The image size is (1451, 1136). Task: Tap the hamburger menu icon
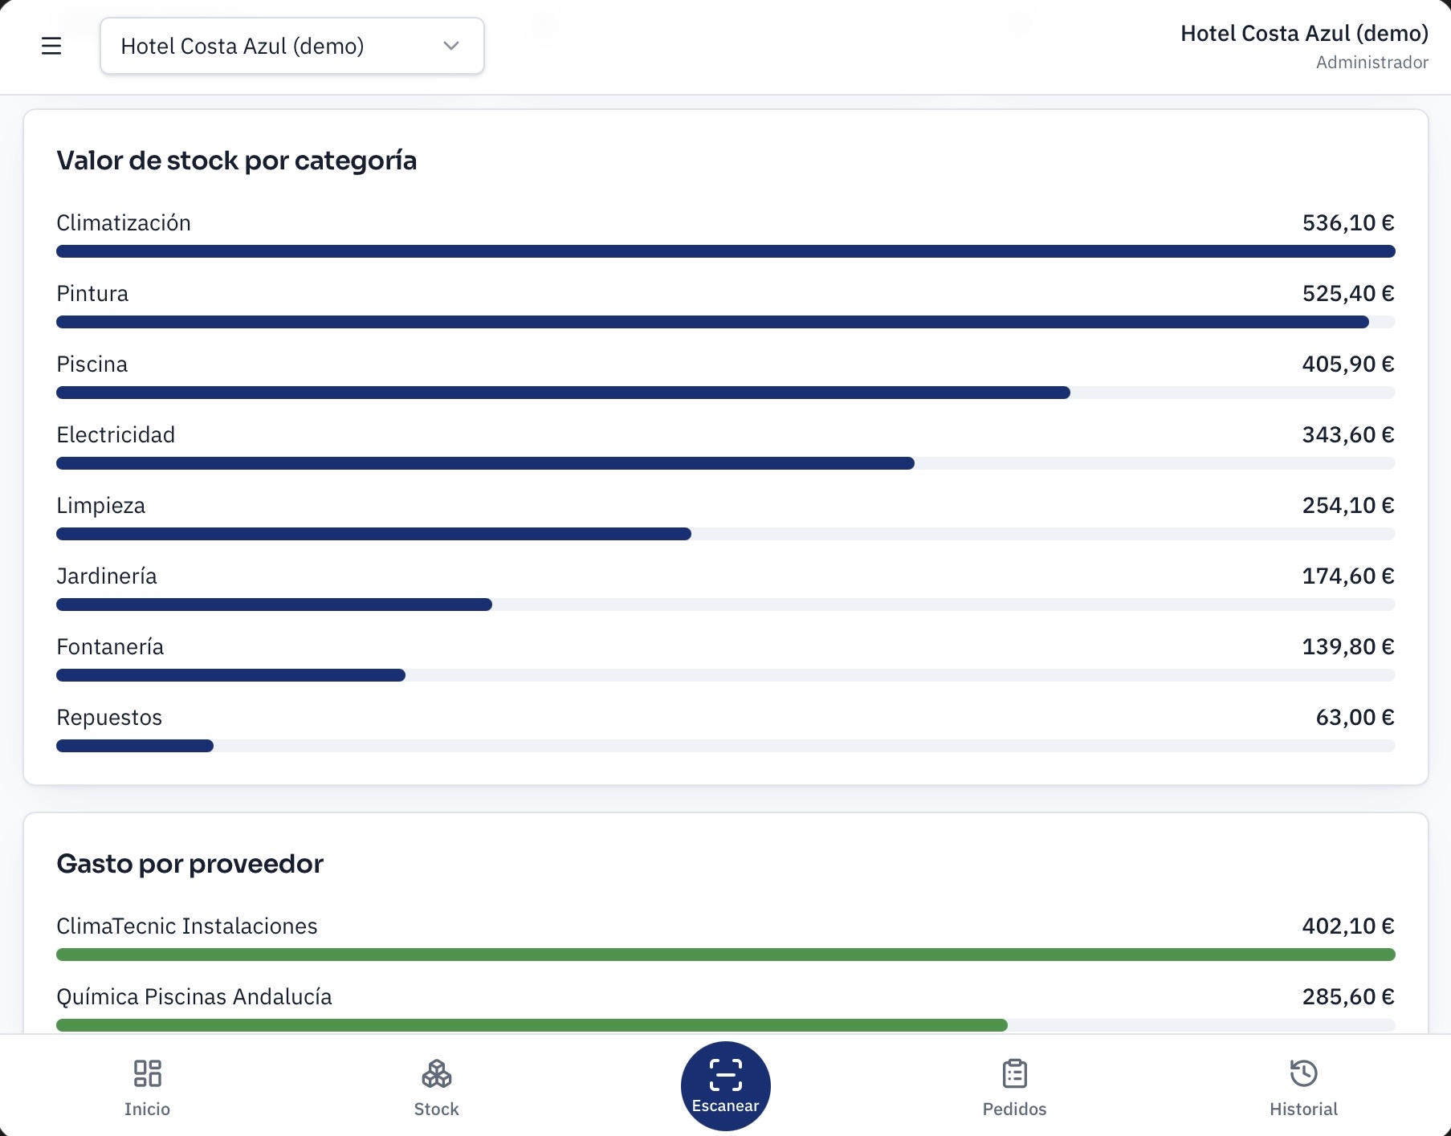coord(51,46)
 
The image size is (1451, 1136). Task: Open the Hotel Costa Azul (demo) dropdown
coord(292,46)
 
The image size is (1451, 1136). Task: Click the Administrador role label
coord(1372,63)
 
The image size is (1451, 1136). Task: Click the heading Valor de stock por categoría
coord(237,161)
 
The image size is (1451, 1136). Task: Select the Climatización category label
coord(124,223)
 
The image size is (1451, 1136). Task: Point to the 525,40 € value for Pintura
coord(1348,294)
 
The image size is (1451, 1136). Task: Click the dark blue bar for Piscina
coord(563,393)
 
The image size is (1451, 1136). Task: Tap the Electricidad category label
coord(116,435)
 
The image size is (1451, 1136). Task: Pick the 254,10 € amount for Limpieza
coord(1348,506)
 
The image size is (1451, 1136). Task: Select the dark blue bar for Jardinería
coord(274,605)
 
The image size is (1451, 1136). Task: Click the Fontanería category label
coord(110,647)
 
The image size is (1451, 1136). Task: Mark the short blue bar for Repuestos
coord(135,746)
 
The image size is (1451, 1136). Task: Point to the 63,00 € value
coord(1355,718)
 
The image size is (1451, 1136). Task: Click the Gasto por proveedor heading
coord(190,864)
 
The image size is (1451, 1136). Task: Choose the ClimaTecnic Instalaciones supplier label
coord(187,926)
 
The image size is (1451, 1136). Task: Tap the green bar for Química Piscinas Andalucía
coord(532,1025)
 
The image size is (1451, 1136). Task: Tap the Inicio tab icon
coord(147,1073)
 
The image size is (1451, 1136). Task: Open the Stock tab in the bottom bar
coord(436,1088)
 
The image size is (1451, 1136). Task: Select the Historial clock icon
coord(1303,1073)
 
